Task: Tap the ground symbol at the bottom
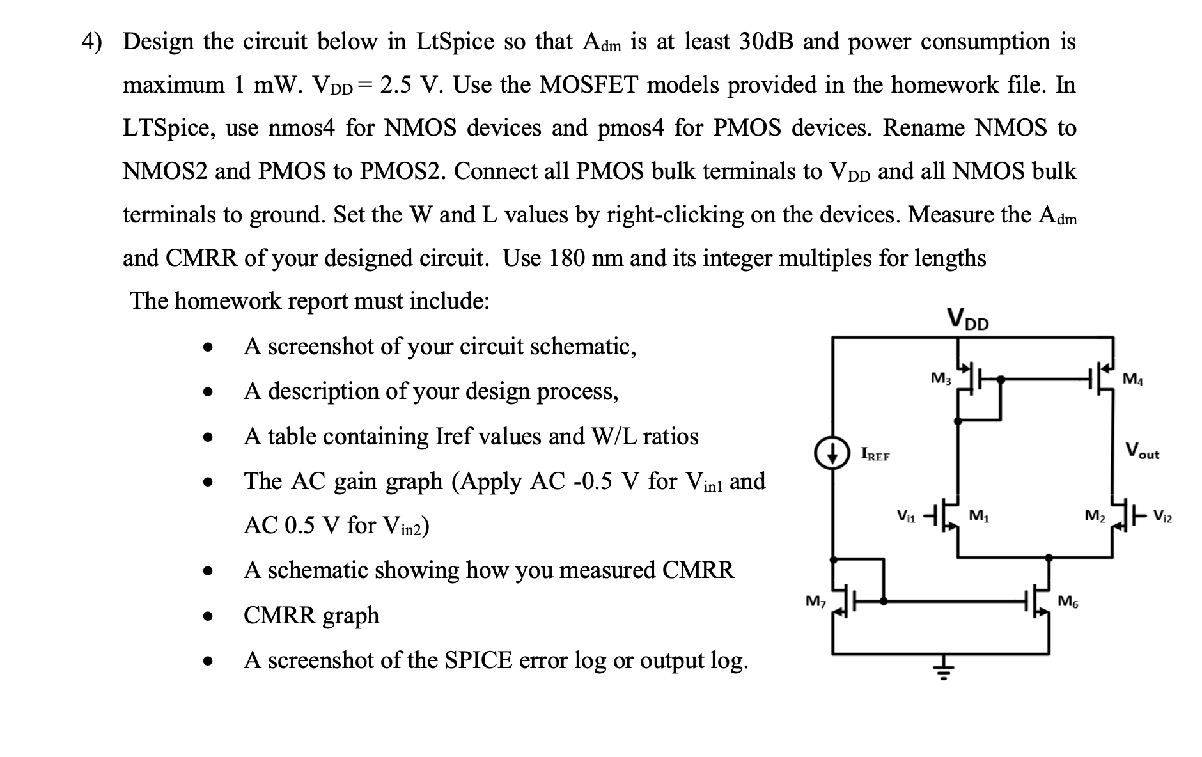940,672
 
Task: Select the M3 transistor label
940,378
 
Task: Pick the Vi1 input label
906,515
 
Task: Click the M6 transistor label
1067,601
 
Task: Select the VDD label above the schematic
967,318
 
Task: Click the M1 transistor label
979,515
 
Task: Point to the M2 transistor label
1095,515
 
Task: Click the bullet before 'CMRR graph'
206,616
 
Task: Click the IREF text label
875,455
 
